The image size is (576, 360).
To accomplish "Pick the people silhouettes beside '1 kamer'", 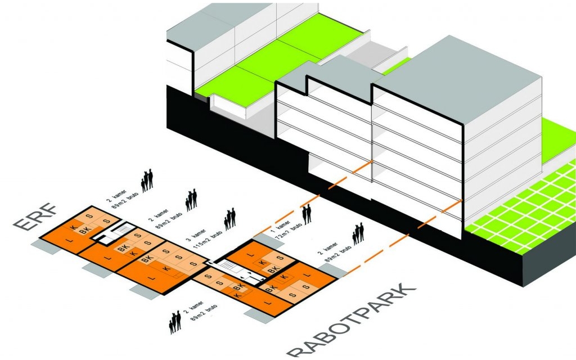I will coord(307,214).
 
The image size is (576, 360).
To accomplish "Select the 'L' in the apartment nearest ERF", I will coord(69,241).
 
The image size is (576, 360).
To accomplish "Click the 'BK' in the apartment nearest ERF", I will coord(84,231).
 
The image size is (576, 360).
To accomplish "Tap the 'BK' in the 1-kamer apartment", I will coord(273,271).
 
